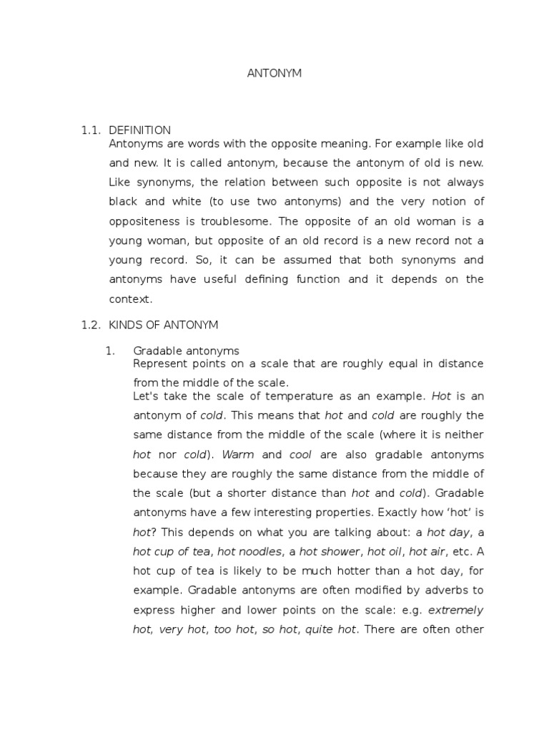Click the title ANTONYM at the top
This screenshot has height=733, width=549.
[274, 74]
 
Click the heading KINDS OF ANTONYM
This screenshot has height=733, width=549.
[164, 324]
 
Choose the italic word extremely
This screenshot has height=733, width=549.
[455, 610]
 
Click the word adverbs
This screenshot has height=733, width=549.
[441, 590]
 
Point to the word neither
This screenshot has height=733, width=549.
[464, 435]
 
